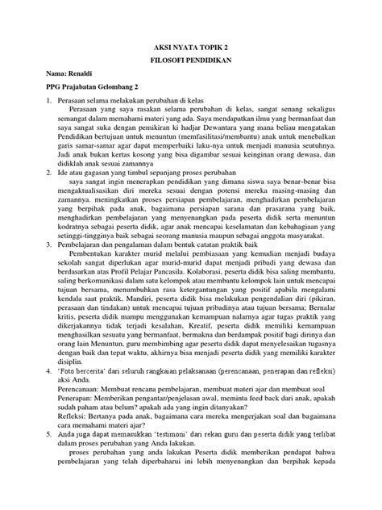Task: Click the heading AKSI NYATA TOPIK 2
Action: (x=191, y=48)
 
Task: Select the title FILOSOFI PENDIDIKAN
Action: (x=191, y=67)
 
